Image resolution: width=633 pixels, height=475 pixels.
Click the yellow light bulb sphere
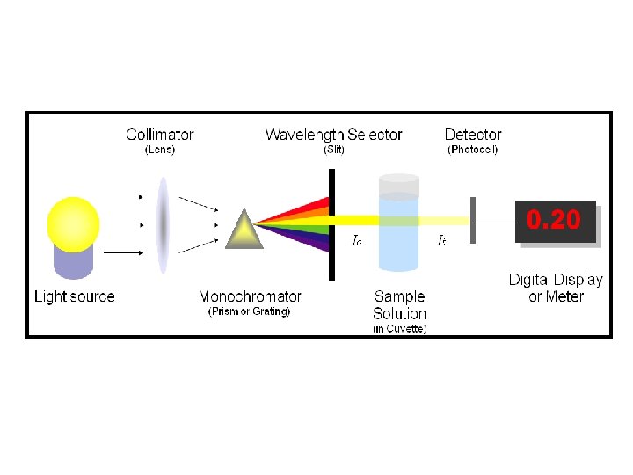pyautogui.click(x=75, y=223)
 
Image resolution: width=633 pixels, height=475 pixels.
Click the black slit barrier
pyautogui.click(x=331, y=224)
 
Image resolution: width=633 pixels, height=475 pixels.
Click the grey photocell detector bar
pyautogui.click(x=472, y=221)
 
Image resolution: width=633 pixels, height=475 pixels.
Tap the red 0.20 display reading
pyautogui.click(x=554, y=219)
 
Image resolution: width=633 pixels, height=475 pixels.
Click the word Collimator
pyautogui.click(x=160, y=135)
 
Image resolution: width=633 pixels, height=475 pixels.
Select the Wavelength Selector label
pyautogui.click(x=333, y=135)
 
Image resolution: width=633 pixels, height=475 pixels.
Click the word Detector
pyautogui.click(x=473, y=135)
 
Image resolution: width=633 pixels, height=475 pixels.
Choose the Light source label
pyautogui.click(x=75, y=296)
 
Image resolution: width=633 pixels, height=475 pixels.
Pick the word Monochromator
pyautogui.click(x=250, y=296)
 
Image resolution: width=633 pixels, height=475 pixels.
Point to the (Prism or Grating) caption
pyautogui.click(x=249, y=311)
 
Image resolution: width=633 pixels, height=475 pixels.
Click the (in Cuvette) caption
pyautogui.click(x=399, y=329)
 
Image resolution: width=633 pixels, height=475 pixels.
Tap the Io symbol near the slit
pyautogui.click(x=356, y=239)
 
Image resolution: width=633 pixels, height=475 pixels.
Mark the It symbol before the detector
pyautogui.click(x=442, y=239)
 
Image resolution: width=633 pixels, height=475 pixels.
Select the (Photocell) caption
pyautogui.click(x=473, y=150)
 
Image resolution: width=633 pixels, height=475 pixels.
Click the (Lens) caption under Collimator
pyautogui.click(x=159, y=150)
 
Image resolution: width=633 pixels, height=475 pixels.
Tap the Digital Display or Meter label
pyautogui.click(x=556, y=288)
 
